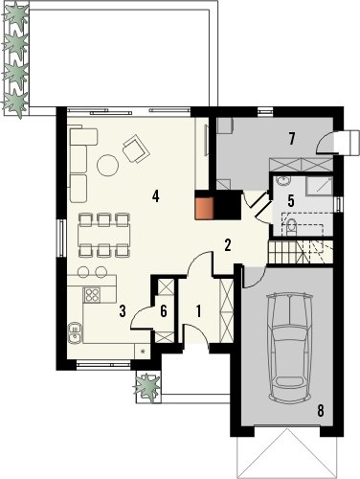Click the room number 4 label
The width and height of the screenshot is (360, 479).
pyautogui.click(x=155, y=195)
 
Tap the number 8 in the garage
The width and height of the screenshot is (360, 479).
pyautogui.click(x=321, y=410)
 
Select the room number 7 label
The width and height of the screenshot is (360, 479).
pyautogui.click(x=291, y=139)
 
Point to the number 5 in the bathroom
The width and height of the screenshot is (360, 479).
pyautogui.click(x=291, y=200)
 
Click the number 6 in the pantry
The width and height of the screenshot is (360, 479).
pyautogui.click(x=164, y=311)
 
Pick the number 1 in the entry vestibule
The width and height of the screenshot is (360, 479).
pyautogui.click(x=198, y=311)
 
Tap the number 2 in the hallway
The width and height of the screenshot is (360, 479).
pyautogui.click(x=228, y=245)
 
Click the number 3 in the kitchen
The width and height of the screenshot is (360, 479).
pyautogui.click(x=123, y=311)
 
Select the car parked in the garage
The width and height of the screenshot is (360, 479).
pyautogui.click(x=290, y=347)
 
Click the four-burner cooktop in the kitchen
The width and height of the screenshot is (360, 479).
pyautogui.click(x=92, y=295)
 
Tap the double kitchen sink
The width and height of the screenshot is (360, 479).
pyautogui.click(x=75, y=333)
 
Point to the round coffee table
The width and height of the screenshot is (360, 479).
pyautogui.click(x=108, y=165)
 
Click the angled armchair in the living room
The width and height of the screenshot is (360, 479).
pyautogui.click(x=136, y=148)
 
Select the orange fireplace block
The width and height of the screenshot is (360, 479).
pyautogui.click(x=204, y=209)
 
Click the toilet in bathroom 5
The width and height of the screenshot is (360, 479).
pyautogui.click(x=291, y=226)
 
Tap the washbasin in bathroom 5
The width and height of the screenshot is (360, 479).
pyautogui.click(x=282, y=181)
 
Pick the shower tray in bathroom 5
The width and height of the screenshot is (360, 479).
pyautogui.click(x=319, y=186)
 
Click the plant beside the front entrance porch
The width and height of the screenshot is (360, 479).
pyautogui.click(x=147, y=386)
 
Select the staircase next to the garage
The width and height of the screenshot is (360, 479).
pyautogui.click(x=301, y=252)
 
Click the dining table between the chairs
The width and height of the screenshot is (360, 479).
pyautogui.click(x=103, y=235)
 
